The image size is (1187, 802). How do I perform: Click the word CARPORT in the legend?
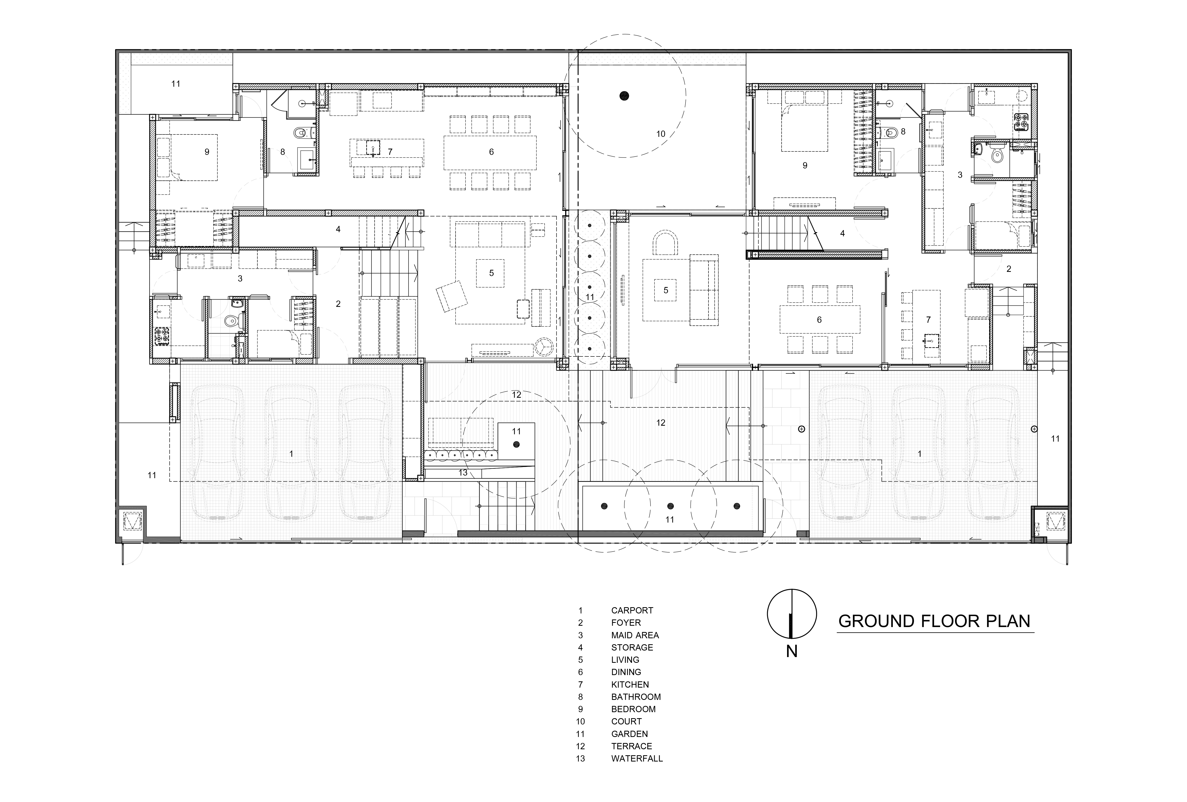click(x=632, y=610)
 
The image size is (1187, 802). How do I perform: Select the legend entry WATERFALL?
click(x=637, y=759)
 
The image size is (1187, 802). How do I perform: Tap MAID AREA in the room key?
click(x=635, y=635)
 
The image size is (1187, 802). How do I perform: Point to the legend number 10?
click(x=580, y=721)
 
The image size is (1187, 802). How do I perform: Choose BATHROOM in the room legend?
click(x=636, y=697)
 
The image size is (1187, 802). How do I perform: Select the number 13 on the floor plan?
click(x=463, y=473)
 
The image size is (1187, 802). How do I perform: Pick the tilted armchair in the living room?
click(x=452, y=296)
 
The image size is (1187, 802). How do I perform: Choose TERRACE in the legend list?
click(x=632, y=746)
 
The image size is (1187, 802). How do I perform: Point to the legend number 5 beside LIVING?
click(x=580, y=660)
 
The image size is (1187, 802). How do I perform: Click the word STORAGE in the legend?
click(x=632, y=647)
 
